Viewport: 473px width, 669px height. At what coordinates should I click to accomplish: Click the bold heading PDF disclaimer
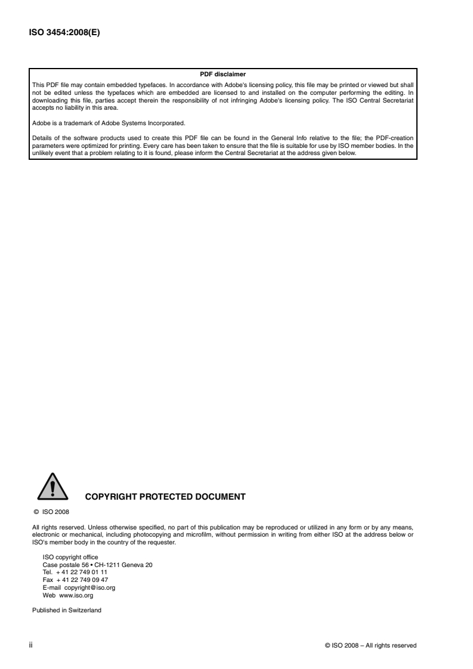point(223,74)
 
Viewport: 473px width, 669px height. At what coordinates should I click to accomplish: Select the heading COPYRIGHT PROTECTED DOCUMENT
point(166,496)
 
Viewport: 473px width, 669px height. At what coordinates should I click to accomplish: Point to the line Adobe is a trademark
point(109,123)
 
